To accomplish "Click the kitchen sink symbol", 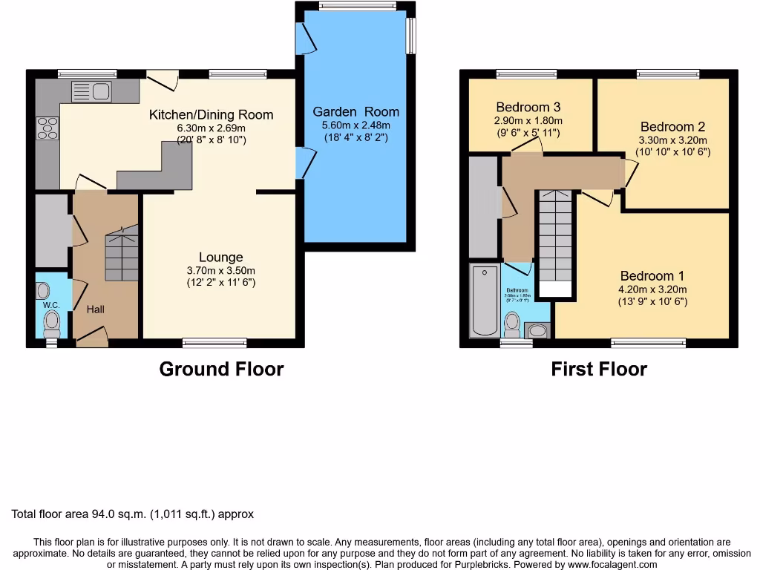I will point(91,92).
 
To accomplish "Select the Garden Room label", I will point(356,112).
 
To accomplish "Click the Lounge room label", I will point(221,258).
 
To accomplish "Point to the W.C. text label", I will point(51,305).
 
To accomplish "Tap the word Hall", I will point(96,309).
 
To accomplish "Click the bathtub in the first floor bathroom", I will point(484,301).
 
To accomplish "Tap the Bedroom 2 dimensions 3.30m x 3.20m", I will point(672,140).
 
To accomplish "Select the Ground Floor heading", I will point(221,369).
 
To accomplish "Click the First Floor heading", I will point(599,369).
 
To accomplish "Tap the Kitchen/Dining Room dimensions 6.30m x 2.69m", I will point(211,128).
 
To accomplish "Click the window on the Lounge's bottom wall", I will point(214,342).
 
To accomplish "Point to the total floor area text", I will point(133,514).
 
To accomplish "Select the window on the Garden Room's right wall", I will point(410,35).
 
